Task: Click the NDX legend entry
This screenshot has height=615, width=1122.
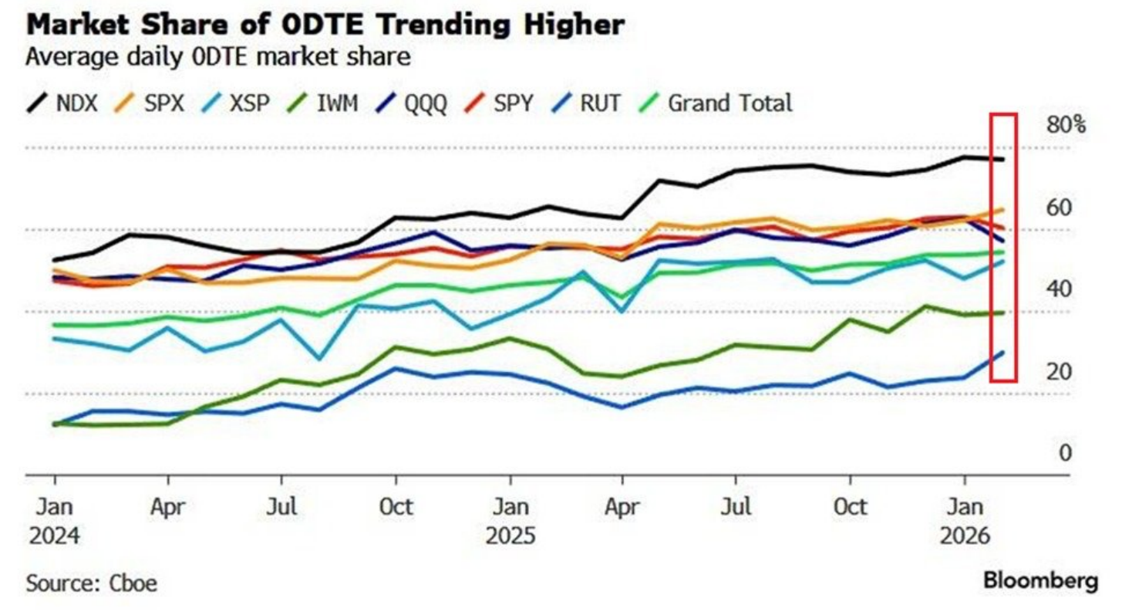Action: pos(63,103)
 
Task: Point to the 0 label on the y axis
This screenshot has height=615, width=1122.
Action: pos(1065,452)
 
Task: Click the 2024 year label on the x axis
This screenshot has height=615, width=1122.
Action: pos(55,536)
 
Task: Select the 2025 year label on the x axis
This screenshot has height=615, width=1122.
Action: pos(510,536)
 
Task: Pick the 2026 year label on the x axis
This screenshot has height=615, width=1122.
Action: pos(965,536)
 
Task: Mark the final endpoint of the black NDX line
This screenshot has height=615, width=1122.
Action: pos(1002,160)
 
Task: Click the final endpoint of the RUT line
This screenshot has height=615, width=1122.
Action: pos(1002,353)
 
